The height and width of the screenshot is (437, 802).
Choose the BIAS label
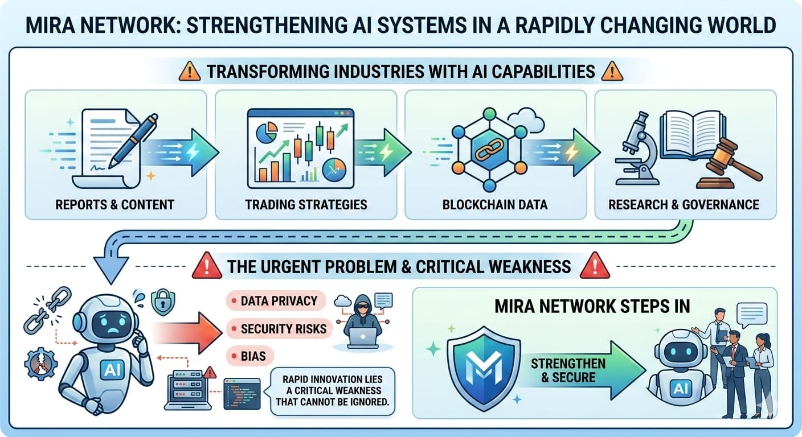253,356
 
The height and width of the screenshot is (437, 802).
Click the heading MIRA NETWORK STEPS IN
593,306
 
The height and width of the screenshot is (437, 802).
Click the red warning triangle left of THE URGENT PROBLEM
207,266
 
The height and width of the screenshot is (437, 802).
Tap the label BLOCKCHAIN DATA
495,204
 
